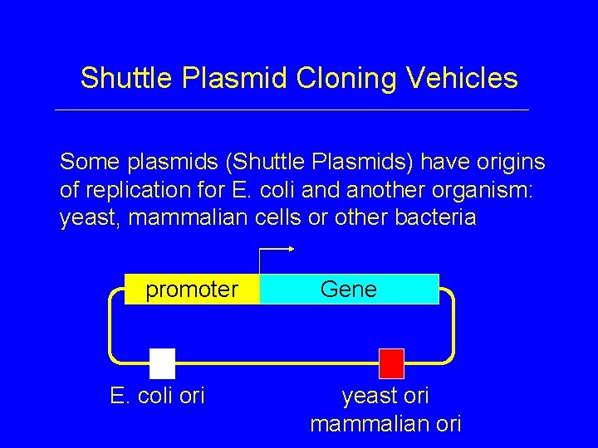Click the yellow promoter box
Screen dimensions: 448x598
pos(192,290)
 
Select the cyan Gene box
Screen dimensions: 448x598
pos(349,290)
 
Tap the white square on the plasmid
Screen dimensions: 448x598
pos(163,363)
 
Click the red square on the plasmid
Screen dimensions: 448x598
pos(391,363)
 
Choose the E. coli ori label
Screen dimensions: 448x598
pos(157,397)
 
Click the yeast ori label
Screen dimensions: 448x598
pos(385,397)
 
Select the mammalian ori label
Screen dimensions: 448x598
pos(385,424)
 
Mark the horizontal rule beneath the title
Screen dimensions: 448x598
pos(291,110)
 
